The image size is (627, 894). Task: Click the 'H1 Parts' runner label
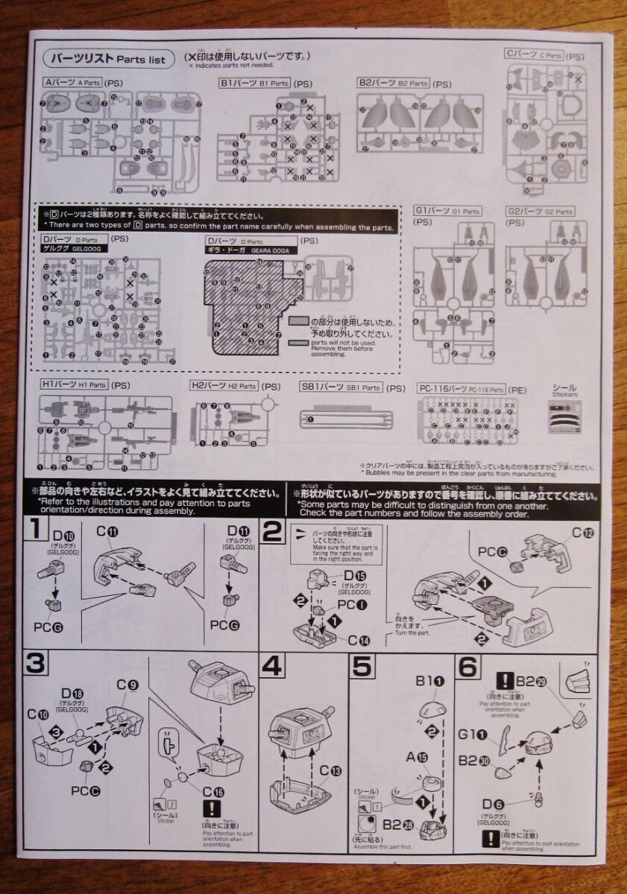coord(75,385)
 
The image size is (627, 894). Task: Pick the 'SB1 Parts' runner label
coord(341,387)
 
